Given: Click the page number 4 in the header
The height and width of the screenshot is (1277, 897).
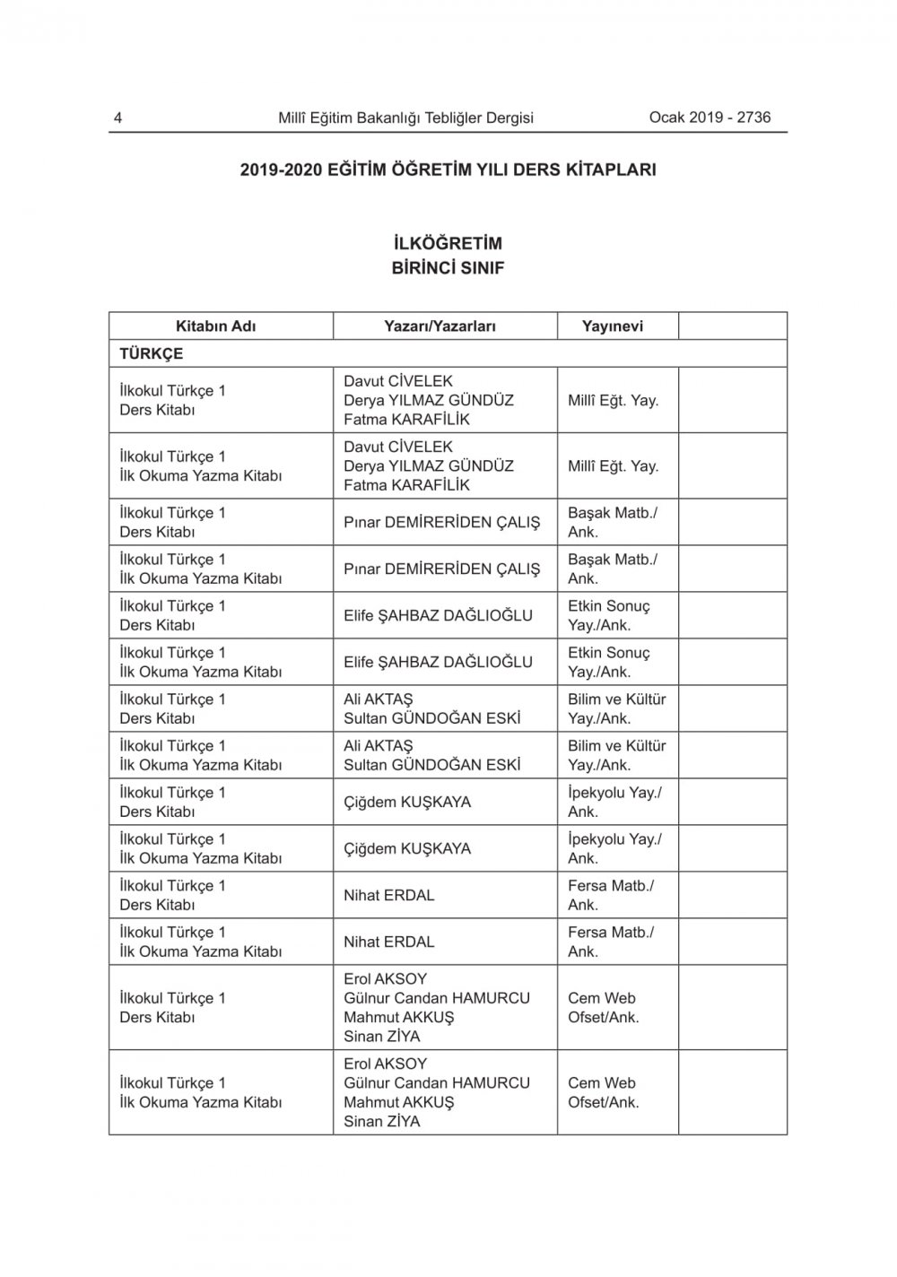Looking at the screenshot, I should coord(118,117).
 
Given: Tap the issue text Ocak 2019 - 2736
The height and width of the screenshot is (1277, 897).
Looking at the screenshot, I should coord(710,117).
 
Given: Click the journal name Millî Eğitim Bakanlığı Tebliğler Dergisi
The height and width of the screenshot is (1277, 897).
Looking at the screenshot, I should coord(405,117).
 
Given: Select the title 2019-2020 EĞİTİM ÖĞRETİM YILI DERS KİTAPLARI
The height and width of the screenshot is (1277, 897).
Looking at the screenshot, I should coord(448,169).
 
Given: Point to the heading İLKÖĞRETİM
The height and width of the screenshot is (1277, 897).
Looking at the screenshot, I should coord(448,243).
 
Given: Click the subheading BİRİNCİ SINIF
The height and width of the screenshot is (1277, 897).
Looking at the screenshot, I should coord(448,267).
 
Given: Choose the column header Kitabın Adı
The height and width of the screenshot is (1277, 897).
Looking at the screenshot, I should coord(215,326).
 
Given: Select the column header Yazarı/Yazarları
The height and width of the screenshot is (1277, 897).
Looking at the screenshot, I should coord(440,326).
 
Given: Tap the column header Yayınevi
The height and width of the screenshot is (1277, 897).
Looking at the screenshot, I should coord(613,326).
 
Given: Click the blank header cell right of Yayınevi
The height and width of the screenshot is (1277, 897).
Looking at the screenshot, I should coord(732,326).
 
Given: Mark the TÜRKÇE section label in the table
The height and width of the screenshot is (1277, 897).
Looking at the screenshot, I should coord(152,353).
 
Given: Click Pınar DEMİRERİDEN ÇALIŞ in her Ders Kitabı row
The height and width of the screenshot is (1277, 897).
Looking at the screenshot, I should coord(441,522).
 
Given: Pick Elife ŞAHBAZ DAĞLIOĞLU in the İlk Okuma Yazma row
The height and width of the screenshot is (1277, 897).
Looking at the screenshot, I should coord(438,662).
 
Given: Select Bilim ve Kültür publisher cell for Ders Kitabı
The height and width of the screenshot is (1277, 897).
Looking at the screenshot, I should coord(616,708).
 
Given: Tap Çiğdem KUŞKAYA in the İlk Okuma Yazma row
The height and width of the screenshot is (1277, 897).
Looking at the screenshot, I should coord(407,848).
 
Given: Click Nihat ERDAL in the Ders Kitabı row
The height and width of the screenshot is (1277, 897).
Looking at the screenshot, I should coord(389,895).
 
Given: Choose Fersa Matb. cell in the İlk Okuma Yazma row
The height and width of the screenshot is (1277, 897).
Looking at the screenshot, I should coord(610,942).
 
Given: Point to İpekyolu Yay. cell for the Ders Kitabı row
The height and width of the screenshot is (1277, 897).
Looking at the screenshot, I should coord(614,802).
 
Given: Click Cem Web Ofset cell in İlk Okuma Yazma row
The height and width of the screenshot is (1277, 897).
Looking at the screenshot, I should coord(603,1092).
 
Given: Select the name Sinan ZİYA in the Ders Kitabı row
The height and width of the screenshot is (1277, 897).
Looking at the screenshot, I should coord(381,1036).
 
